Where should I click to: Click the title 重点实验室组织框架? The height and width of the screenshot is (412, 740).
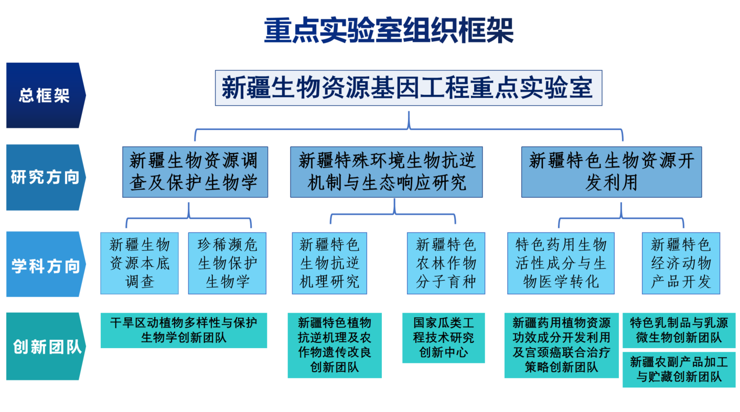tap(389, 30)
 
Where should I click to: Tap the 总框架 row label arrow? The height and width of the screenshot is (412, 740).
tap(46, 95)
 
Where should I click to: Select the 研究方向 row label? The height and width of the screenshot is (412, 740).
tap(46, 177)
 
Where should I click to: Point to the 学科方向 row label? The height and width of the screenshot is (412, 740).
tap(46, 264)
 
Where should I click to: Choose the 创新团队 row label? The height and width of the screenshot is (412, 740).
tap(46, 347)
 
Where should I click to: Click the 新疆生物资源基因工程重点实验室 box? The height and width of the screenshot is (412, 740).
tap(409, 88)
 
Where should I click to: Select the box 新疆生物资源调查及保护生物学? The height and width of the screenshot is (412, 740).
tap(195, 172)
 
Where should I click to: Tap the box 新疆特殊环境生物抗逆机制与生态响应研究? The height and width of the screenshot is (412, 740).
tap(387, 172)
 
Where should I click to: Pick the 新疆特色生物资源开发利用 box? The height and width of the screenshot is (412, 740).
tap(612, 172)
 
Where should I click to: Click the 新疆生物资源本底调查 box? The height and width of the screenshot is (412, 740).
tap(140, 263)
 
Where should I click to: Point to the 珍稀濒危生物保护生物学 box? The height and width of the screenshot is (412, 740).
tap(227, 263)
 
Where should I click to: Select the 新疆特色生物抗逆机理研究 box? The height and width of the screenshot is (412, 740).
tap(329, 263)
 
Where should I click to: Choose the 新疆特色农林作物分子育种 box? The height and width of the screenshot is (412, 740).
tap(446, 263)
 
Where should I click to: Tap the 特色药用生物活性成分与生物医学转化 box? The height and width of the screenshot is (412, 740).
tap(561, 263)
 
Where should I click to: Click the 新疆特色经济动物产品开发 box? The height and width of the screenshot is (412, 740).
tap(681, 263)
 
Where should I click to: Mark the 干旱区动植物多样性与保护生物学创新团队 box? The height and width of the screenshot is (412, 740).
tap(184, 330)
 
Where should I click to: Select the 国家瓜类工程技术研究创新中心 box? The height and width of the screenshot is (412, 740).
tap(444, 338)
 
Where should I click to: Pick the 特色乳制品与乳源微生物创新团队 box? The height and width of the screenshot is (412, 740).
tap(679, 330)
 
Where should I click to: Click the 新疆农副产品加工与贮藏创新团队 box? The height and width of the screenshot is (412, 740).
tap(679, 370)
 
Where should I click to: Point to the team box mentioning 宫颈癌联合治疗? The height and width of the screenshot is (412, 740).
tap(562, 346)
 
